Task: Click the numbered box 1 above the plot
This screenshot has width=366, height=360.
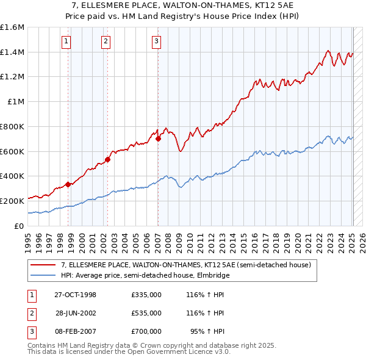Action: (x=65, y=41)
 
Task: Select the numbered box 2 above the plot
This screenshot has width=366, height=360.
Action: (x=106, y=41)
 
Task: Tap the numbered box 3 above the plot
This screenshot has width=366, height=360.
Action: (x=156, y=41)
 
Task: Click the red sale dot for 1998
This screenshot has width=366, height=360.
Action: (x=68, y=184)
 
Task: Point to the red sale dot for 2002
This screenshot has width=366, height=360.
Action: (x=108, y=160)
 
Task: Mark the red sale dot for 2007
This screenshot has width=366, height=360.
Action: (x=158, y=139)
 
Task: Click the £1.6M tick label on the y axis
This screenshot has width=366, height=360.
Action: (x=12, y=27)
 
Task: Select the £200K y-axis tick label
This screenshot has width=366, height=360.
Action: (x=12, y=201)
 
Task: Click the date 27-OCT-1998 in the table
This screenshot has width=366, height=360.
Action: (x=75, y=295)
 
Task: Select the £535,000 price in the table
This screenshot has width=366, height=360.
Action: (x=146, y=313)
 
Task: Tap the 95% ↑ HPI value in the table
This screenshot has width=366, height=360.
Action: (x=208, y=331)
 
